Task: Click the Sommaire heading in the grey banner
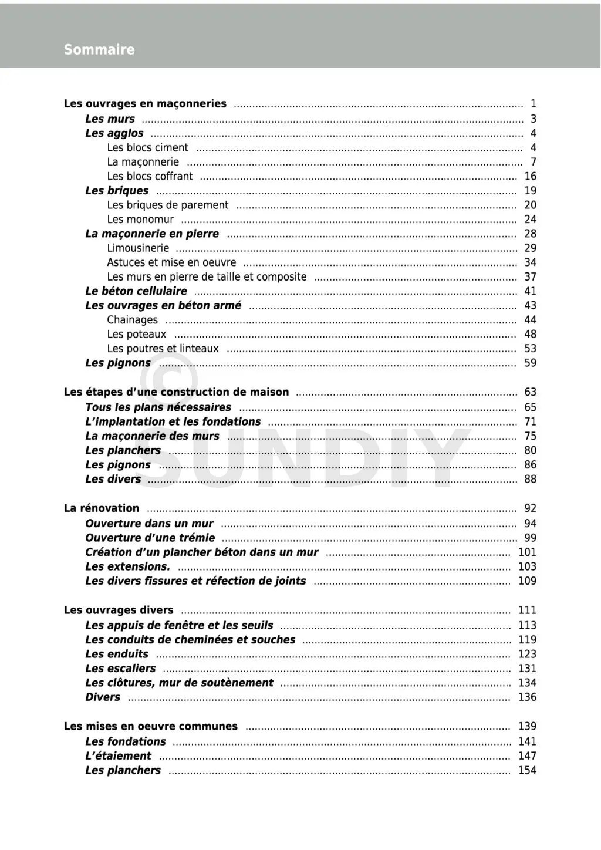99,49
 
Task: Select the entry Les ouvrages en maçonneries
145,104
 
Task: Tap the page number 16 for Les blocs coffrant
530,176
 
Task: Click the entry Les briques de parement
167,205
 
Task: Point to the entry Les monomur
140,220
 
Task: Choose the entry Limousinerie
138,248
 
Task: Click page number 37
530,276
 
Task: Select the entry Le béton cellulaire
136,291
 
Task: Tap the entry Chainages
132,320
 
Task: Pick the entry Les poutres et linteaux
163,349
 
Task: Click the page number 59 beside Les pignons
530,363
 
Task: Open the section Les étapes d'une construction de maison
176,392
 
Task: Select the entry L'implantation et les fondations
173,421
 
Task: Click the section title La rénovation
102,508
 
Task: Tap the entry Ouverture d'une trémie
150,538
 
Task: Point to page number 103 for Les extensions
527,566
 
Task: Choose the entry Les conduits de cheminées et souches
190,640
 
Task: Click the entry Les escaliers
120,669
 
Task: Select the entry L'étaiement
118,756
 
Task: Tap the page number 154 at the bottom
527,770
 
